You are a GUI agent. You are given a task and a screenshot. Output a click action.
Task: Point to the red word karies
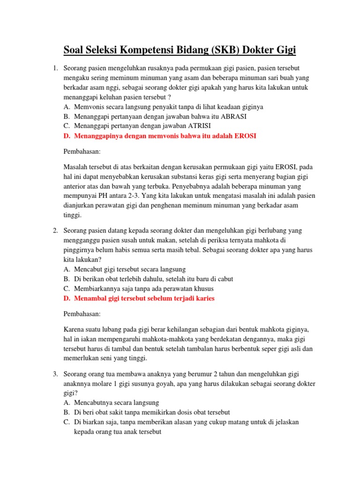[x=204, y=299]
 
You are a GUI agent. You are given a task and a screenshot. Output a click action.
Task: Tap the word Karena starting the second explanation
[x=74, y=329]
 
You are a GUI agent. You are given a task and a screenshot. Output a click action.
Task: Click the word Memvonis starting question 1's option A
[x=89, y=106]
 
